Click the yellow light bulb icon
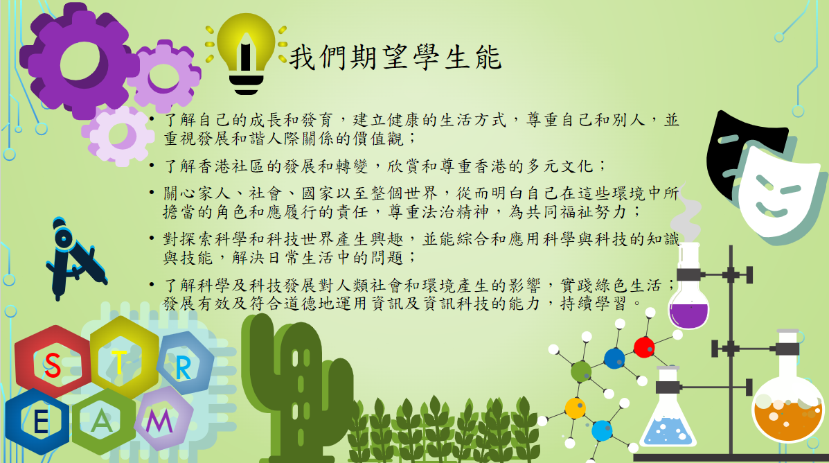[x=246, y=53]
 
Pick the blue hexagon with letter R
[x=185, y=363]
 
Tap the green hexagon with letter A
[x=104, y=421]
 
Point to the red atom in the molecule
[x=644, y=347]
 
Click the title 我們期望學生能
[x=395, y=57]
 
